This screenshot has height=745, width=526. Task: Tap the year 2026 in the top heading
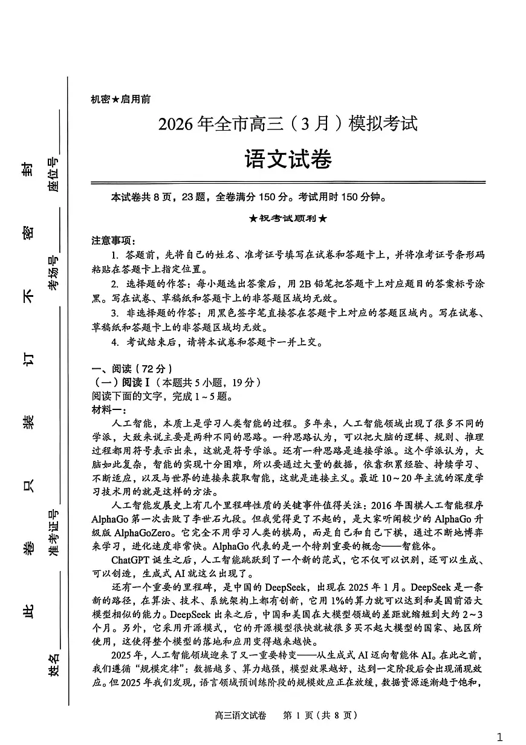(x=175, y=125)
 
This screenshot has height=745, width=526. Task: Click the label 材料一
(x=107, y=410)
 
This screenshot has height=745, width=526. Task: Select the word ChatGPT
(x=132, y=559)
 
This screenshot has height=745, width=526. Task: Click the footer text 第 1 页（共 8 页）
(x=320, y=715)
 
